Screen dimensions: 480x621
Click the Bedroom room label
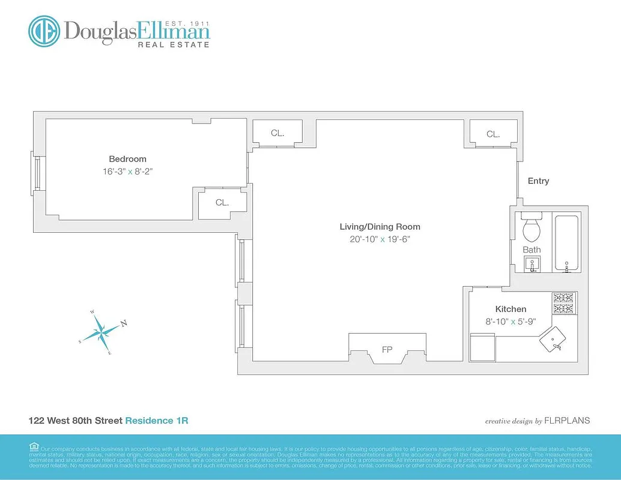tap(127, 159)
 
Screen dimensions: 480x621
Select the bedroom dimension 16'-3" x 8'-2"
tap(132, 172)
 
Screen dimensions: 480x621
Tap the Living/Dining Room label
tap(380, 227)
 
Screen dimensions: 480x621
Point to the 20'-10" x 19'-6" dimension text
tap(380, 239)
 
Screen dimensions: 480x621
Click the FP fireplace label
tap(387, 349)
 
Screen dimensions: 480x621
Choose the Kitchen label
tap(510, 309)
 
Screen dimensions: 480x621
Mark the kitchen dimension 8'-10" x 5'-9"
tap(510, 322)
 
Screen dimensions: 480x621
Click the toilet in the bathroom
tap(532, 228)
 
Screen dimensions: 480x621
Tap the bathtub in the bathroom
tap(566, 243)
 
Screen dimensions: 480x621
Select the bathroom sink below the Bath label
tap(532, 263)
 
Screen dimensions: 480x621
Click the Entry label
tap(538, 181)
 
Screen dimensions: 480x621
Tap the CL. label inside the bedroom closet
tap(222, 203)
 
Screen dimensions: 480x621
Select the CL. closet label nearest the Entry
tap(493, 134)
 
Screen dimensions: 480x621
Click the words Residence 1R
tap(156, 421)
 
